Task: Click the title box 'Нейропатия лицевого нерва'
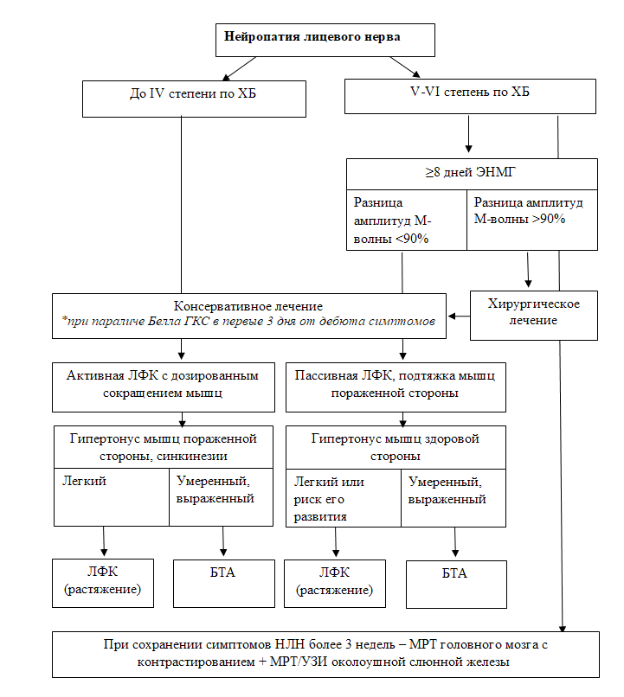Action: click(325, 40)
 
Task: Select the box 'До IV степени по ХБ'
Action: click(194, 99)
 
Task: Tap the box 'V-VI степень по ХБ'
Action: click(470, 97)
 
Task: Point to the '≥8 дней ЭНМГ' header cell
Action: click(472, 175)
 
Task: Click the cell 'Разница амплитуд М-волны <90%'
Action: click(407, 220)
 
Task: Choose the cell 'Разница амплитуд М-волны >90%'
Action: click(532, 220)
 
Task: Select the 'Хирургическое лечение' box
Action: click(534, 316)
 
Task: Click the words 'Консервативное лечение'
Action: click(248, 306)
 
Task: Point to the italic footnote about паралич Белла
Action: click(248, 321)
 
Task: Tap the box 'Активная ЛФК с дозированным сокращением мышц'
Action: click(164, 387)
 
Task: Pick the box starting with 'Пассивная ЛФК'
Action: click(396, 387)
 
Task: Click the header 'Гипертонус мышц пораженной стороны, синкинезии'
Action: click(164, 447)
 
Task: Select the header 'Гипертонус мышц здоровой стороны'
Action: click(396, 448)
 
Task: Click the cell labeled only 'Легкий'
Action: click(112, 497)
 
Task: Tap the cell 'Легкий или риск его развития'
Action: click(344, 498)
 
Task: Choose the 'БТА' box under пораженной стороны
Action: click(223, 583)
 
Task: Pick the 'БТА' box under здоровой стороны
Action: click(456, 584)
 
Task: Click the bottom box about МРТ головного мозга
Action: click(325, 655)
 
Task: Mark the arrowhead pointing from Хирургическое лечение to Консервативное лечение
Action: click(452, 316)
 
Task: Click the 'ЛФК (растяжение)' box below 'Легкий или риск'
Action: click(334, 584)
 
